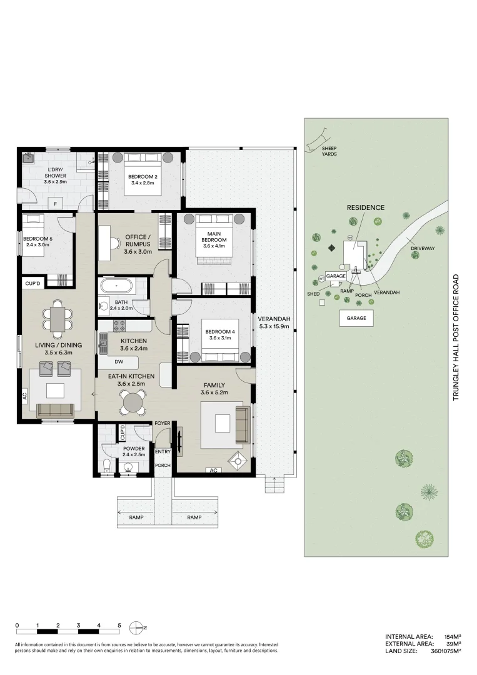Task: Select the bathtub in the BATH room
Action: pyautogui.click(x=116, y=287)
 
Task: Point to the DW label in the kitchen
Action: pyautogui.click(x=119, y=362)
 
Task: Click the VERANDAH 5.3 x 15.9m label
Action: pyautogui.click(x=274, y=322)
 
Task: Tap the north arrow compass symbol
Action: pyautogui.click(x=136, y=627)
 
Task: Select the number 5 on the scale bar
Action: pyautogui.click(x=119, y=625)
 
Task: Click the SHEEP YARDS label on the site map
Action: pyautogui.click(x=329, y=151)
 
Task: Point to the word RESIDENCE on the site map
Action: pyautogui.click(x=366, y=207)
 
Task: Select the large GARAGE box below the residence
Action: pyautogui.click(x=356, y=317)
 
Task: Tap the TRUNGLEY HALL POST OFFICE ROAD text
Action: pyautogui.click(x=456, y=337)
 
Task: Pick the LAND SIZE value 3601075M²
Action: pyautogui.click(x=446, y=651)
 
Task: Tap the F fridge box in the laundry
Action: pyautogui.click(x=56, y=204)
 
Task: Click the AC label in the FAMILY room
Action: pyautogui.click(x=214, y=470)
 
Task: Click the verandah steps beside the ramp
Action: pyautogui.click(x=271, y=484)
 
